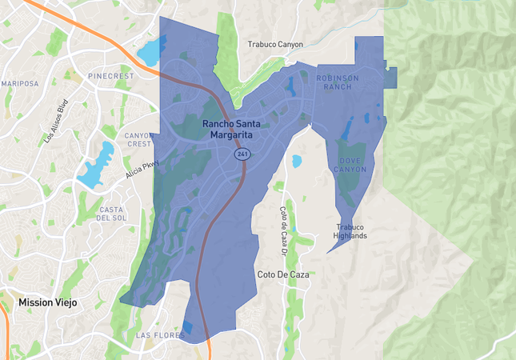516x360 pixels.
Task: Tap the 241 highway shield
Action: click(x=240, y=153)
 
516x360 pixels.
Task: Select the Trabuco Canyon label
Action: click(x=275, y=45)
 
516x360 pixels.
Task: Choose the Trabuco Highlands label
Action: click(x=350, y=231)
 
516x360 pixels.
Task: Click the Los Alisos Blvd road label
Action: click(x=56, y=131)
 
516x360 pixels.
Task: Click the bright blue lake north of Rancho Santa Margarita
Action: click(x=150, y=52)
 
